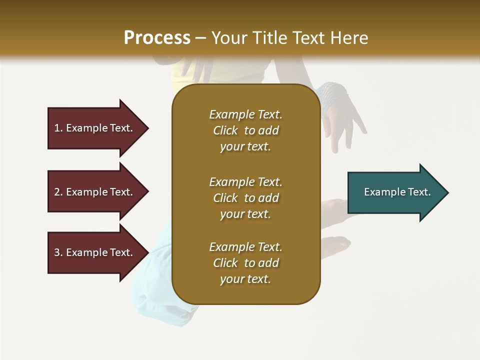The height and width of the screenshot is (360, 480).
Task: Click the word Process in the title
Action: pyautogui.click(x=157, y=38)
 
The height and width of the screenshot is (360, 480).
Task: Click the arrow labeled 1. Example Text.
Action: pyautogui.click(x=95, y=128)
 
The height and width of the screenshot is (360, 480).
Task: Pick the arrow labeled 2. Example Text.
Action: pyautogui.click(x=95, y=192)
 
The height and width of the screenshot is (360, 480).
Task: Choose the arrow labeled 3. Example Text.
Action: pyautogui.click(x=95, y=252)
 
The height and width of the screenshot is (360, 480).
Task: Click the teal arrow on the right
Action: pyautogui.click(x=395, y=192)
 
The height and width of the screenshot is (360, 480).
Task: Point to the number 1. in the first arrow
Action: pyautogui.click(x=58, y=128)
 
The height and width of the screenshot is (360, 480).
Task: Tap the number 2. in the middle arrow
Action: pyautogui.click(x=58, y=192)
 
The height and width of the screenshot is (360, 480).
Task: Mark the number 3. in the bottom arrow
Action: pyautogui.click(x=58, y=252)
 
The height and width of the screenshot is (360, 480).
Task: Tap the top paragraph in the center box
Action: pyautogui.click(x=245, y=130)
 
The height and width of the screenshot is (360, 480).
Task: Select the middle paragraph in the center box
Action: pyautogui.click(x=245, y=198)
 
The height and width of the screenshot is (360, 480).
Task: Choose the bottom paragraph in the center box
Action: pyautogui.click(x=245, y=263)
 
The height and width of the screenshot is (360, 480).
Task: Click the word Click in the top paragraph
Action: pyautogui.click(x=225, y=130)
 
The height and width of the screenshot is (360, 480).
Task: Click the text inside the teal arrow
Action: pyautogui.click(x=397, y=192)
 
